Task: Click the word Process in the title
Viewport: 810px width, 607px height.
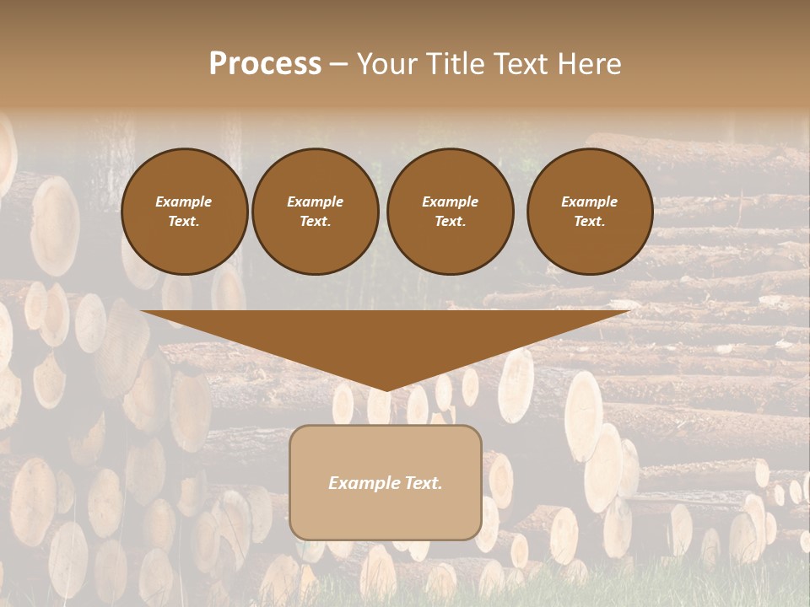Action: point(265,64)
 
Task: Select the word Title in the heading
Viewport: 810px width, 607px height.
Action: point(457,64)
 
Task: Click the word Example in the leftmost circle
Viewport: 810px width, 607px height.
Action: point(184,201)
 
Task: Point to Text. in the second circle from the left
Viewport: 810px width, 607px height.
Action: point(316,222)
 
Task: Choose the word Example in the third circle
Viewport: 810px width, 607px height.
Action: point(451,201)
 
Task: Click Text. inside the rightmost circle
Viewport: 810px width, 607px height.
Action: point(590,222)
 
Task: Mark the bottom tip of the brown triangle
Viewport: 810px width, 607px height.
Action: point(386,389)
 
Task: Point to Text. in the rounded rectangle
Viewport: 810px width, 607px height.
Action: point(423,483)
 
